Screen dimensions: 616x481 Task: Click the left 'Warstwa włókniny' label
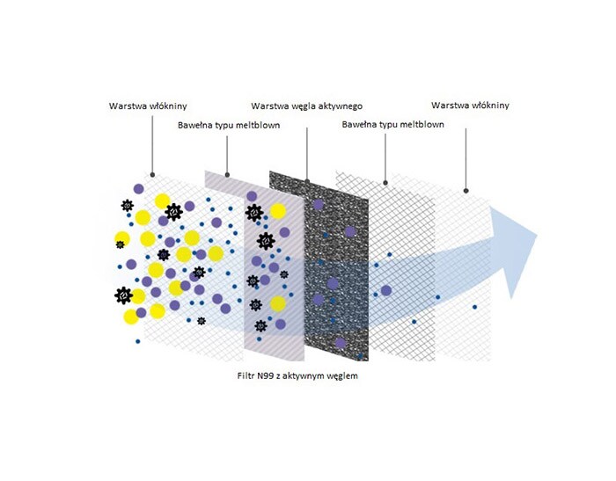point(148,106)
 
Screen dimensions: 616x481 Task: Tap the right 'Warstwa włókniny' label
point(470,106)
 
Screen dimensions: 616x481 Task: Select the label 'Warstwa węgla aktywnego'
point(306,106)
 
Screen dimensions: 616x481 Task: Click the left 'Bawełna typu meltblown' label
point(229,125)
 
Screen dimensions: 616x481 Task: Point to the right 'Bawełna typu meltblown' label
point(392,125)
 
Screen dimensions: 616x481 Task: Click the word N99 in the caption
point(266,375)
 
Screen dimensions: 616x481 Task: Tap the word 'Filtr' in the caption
point(246,375)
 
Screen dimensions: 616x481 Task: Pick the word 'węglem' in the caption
point(343,376)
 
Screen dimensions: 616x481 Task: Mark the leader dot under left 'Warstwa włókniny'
point(152,175)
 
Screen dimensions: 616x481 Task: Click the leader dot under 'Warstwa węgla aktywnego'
point(307,181)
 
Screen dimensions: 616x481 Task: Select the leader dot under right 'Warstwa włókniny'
point(466,191)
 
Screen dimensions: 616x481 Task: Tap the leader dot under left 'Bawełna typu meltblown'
point(227,175)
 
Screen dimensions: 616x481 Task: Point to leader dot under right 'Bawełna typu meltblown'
point(385,183)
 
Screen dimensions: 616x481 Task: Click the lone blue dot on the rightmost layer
point(474,307)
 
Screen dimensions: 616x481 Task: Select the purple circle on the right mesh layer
point(386,290)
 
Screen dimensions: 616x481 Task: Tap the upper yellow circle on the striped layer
point(278,211)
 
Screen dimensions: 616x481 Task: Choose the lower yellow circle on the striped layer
point(278,303)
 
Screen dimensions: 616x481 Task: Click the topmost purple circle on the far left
point(139,188)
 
